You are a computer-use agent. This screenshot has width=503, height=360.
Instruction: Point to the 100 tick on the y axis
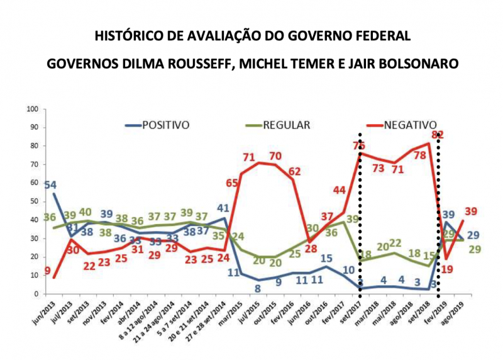pyautogui.click(x=33, y=110)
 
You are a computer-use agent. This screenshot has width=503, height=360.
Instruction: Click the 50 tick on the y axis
pyautogui.click(x=35, y=201)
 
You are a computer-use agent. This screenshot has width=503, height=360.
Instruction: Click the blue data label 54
pyautogui.click(x=50, y=186)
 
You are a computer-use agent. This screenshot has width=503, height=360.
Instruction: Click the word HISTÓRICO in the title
pyautogui.click(x=123, y=36)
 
